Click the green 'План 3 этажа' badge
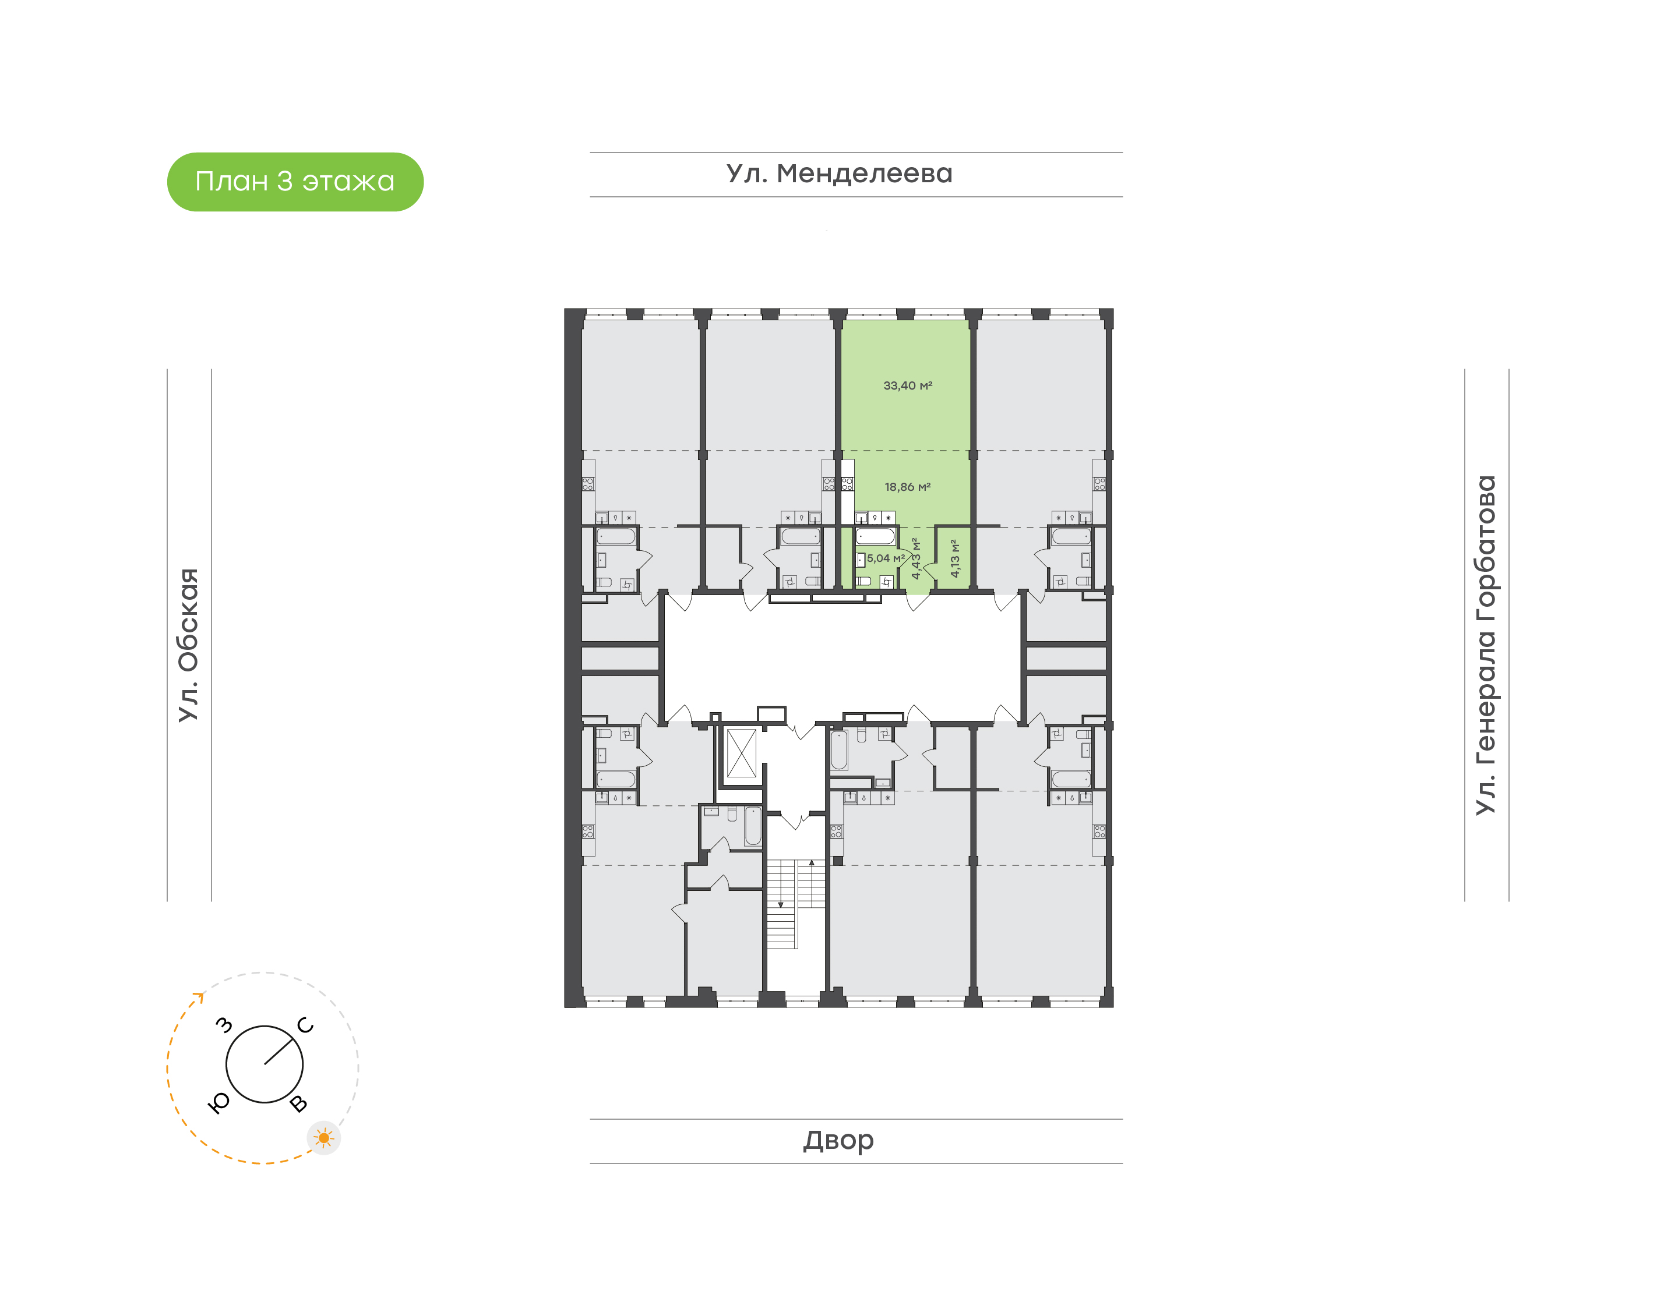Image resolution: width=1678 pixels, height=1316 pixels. click(x=295, y=182)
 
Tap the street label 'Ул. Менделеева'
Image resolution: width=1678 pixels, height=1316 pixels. click(x=840, y=174)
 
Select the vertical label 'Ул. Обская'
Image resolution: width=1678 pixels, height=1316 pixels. click(x=189, y=645)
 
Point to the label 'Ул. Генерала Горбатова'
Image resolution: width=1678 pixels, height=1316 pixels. click(x=1485, y=645)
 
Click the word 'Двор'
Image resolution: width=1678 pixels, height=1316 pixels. click(x=838, y=1140)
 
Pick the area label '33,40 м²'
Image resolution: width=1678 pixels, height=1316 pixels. click(x=908, y=385)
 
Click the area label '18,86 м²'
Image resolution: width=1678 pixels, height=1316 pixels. click(x=908, y=487)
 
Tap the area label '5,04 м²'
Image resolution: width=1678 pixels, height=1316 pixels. click(x=886, y=558)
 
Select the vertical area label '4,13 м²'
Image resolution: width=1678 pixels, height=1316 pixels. click(x=955, y=558)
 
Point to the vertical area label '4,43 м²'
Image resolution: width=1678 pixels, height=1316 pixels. click(x=916, y=558)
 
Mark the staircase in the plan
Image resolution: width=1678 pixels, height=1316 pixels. click(x=795, y=903)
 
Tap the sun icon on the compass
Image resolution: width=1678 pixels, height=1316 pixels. click(x=324, y=1138)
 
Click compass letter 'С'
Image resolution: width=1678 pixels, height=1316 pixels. click(x=306, y=1025)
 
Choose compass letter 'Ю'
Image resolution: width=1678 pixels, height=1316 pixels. click(x=220, y=1103)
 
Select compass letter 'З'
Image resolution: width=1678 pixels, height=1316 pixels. click(x=224, y=1025)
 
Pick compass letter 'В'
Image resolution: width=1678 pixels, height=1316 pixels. click(x=298, y=1104)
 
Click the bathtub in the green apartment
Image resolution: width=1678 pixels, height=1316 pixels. click(x=876, y=536)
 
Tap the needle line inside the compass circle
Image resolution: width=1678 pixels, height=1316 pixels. click(x=281, y=1051)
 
